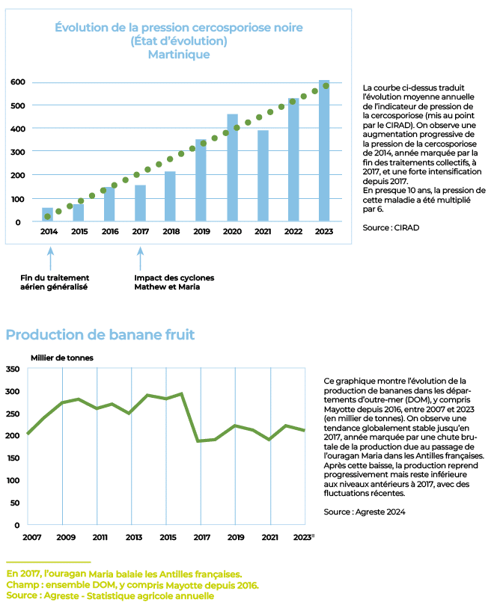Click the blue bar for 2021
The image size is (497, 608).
pyautogui.click(x=263, y=176)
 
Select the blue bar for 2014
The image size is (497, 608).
pyautogui.click(x=47, y=215)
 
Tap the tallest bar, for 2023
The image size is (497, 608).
pyautogui.click(x=324, y=151)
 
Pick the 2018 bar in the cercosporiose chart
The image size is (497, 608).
pyautogui.click(x=170, y=196)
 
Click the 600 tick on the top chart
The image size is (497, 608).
pyautogui.click(x=18, y=82)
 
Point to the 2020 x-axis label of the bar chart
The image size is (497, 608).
pyautogui.click(x=232, y=232)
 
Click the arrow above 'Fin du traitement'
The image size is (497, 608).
pyautogui.click(x=50, y=259)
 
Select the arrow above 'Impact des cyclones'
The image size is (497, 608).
pyautogui.click(x=141, y=259)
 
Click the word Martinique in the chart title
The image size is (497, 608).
pyautogui.click(x=179, y=55)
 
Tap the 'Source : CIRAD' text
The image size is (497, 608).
pyautogui.click(x=391, y=227)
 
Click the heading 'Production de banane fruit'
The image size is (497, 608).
pyautogui.click(x=100, y=334)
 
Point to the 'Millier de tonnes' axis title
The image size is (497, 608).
pyautogui.click(x=62, y=358)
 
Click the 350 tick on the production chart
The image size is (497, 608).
pyautogui.click(x=13, y=369)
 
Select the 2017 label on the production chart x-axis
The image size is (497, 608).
pyautogui.click(x=202, y=538)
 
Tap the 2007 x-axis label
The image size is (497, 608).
pyautogui.click(x=32, y=538)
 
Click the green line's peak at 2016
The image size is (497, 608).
pyautogui.click(x=182, y=394)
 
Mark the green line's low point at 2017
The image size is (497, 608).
pyautogui.click(x=198, y=441)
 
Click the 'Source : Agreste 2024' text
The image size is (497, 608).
pyautogui.click(x=365, y=512)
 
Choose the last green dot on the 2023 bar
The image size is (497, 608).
pyautogui.click(x=326, y=86)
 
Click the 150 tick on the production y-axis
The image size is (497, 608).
pyautogui.click(x=13, y=458)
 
